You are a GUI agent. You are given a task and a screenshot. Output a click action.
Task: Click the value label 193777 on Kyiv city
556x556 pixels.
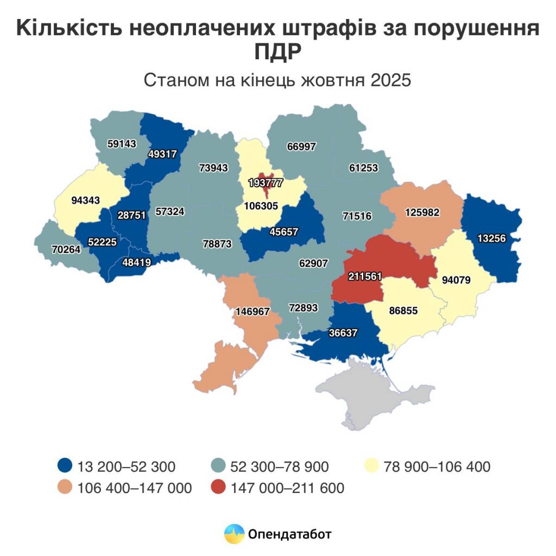pyautogui.click(x=266, y=183)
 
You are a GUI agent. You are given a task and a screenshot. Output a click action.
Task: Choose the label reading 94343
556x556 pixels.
pyautogui.click(x=85, y=200)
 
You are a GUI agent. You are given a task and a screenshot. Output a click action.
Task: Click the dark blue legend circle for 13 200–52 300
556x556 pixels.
pyautogui.click(x=65, y=466)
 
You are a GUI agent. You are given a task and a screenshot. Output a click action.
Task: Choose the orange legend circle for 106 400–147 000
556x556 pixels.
pyautogui.click(x=65, y=488)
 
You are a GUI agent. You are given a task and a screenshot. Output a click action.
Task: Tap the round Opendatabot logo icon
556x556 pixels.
pyautogui.click(x=234, y=534)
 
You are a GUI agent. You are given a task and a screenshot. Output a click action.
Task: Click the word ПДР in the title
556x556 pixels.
pyautogui.click(x=277, y=53)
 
